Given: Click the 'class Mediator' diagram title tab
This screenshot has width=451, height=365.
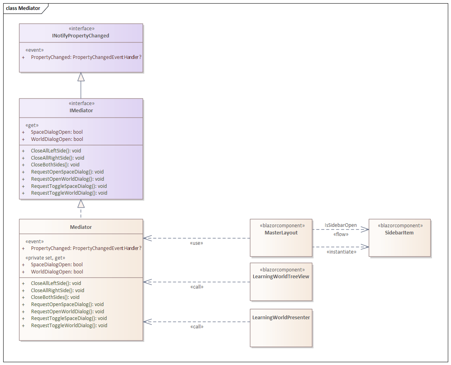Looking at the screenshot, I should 23,8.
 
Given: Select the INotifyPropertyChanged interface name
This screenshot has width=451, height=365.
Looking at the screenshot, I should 81,36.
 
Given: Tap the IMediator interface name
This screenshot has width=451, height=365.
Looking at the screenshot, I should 81,111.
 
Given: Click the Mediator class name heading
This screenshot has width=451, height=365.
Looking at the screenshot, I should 81,227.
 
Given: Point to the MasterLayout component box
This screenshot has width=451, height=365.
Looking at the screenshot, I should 281,238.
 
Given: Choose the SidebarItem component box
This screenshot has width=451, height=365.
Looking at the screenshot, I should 399,238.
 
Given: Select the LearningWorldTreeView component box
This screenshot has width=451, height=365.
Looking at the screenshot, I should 281,282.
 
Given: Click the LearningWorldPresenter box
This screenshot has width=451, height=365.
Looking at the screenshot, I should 281,328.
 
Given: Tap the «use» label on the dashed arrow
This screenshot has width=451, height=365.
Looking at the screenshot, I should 196,243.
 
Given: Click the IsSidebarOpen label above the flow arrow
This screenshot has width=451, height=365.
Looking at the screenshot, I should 341,225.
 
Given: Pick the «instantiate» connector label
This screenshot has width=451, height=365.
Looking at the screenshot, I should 341,252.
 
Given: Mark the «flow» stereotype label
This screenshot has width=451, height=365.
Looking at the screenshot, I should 341,234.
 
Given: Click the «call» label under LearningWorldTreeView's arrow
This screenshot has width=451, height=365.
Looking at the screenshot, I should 196,287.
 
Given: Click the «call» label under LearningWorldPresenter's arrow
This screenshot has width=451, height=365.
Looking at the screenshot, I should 196,327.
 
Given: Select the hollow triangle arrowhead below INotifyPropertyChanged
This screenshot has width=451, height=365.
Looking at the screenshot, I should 81,77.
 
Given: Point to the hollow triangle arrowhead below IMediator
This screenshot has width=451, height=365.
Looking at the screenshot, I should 81,204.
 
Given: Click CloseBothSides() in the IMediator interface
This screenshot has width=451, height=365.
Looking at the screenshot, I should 55,165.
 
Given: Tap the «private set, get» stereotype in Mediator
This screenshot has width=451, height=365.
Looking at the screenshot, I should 45,258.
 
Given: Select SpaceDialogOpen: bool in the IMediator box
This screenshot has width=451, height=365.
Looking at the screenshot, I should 57,132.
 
